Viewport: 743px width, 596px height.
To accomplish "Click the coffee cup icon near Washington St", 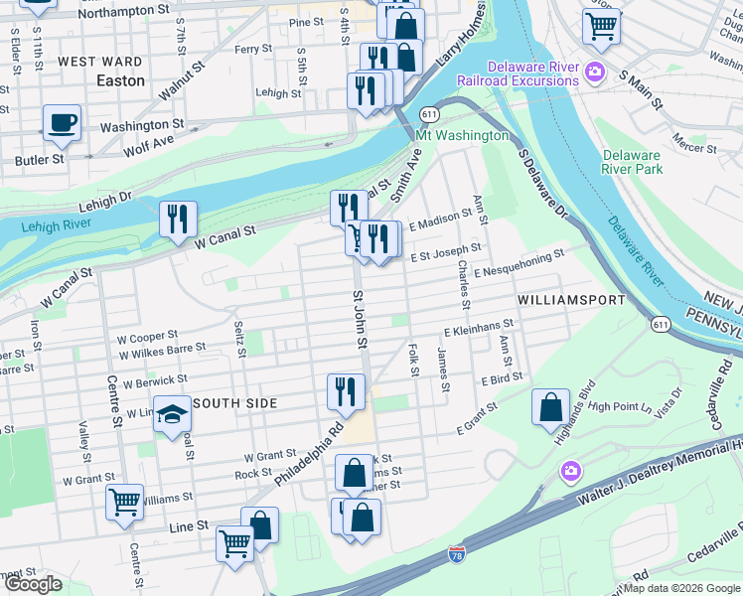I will click(62, 122).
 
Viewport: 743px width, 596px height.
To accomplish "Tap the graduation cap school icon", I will click(172, 414).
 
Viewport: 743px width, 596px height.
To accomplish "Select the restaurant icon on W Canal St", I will click(178, 219).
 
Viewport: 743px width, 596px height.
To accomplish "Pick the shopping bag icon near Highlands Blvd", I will click(550, 407).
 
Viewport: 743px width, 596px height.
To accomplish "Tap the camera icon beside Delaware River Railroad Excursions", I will click(594, 71).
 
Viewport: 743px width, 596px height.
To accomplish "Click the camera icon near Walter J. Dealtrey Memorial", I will click(570, 470).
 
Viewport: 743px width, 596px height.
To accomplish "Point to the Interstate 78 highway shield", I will click(456, 552).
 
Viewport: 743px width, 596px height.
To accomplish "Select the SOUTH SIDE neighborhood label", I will click(233, 403).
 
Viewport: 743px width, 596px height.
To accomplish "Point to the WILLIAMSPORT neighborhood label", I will click(571, 299).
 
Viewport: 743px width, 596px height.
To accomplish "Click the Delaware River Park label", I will click(632, 163).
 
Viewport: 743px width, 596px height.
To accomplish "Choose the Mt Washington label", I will click(462, 135).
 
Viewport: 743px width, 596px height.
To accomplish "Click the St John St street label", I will click(361, 319).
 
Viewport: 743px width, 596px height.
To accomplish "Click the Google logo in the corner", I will click(34, 584).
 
